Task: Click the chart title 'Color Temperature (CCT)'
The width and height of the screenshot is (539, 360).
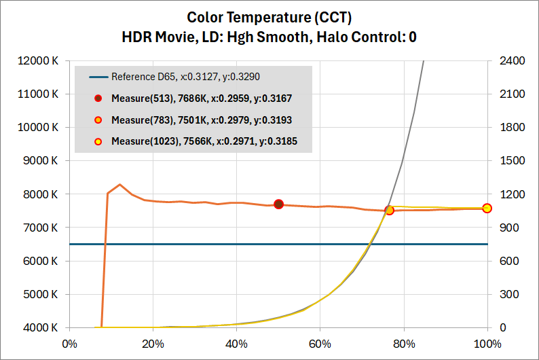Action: click(x=269, y=17)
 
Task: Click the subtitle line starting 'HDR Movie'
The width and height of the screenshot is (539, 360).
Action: click(x=269, y=37)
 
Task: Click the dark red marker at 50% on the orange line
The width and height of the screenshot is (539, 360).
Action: click(x=278, y=204)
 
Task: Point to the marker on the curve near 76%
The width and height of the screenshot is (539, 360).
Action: click(x=389, y=211)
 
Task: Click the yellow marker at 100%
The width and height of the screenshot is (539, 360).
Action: click(x=487, y=208)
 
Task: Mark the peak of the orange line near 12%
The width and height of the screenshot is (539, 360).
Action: click(x=120, y=184)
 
